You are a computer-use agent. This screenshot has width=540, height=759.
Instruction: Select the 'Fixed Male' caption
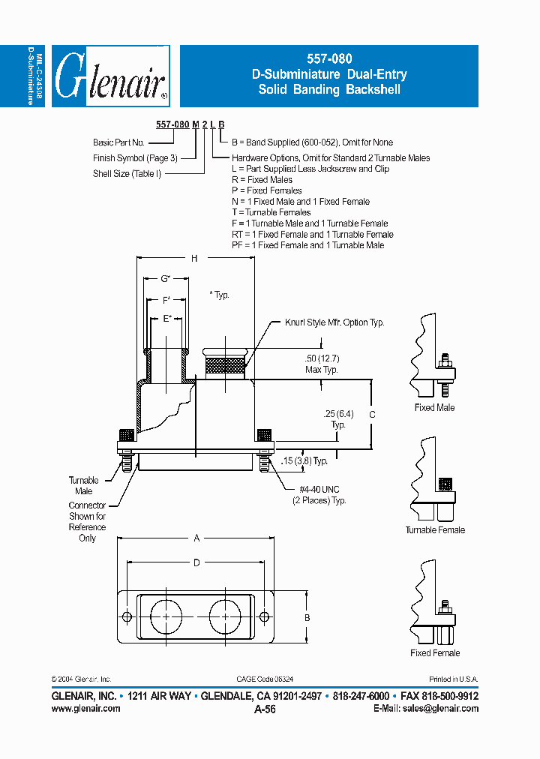pyautogui.click(x=434, y=408)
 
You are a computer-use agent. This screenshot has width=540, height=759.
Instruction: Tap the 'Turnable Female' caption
pyautogui.click(x=435, y=530)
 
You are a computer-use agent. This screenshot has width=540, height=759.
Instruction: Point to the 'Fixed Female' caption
pyautogui.click(x=435, y=653)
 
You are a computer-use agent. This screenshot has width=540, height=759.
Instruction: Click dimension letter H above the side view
pyautogui.click(x=193, y=259)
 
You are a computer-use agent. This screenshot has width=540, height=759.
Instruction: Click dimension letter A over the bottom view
pyautogui.click(x=196, y=538)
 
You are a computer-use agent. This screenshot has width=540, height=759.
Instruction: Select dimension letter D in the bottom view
pyautogui.click(x=196, y=562)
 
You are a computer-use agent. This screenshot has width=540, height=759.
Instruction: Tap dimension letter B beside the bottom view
pyautogui.click(x=306, y=616)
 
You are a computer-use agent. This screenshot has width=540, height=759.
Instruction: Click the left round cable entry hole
pyautogui.click(x=166, y=616)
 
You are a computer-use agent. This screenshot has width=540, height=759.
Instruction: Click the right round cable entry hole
pyautogui.click(x=224, y=616)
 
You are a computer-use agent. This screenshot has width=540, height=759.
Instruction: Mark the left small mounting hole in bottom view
pyautogui.click(x=127, y=616)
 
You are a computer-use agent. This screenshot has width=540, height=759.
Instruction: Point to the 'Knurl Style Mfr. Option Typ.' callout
pyautogui.click(x=334, y=322)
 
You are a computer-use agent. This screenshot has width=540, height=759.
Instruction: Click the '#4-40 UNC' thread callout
pyautogui.click(x=319, y=490)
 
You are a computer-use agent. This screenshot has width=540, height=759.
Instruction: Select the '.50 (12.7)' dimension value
pyautogui.click(x=321, y=359)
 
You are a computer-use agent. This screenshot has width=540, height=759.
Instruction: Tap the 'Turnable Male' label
pyautogui.click(x=84, y=486)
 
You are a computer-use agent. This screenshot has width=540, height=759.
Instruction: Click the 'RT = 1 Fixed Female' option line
pyautogui.click(x=312, y=234)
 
